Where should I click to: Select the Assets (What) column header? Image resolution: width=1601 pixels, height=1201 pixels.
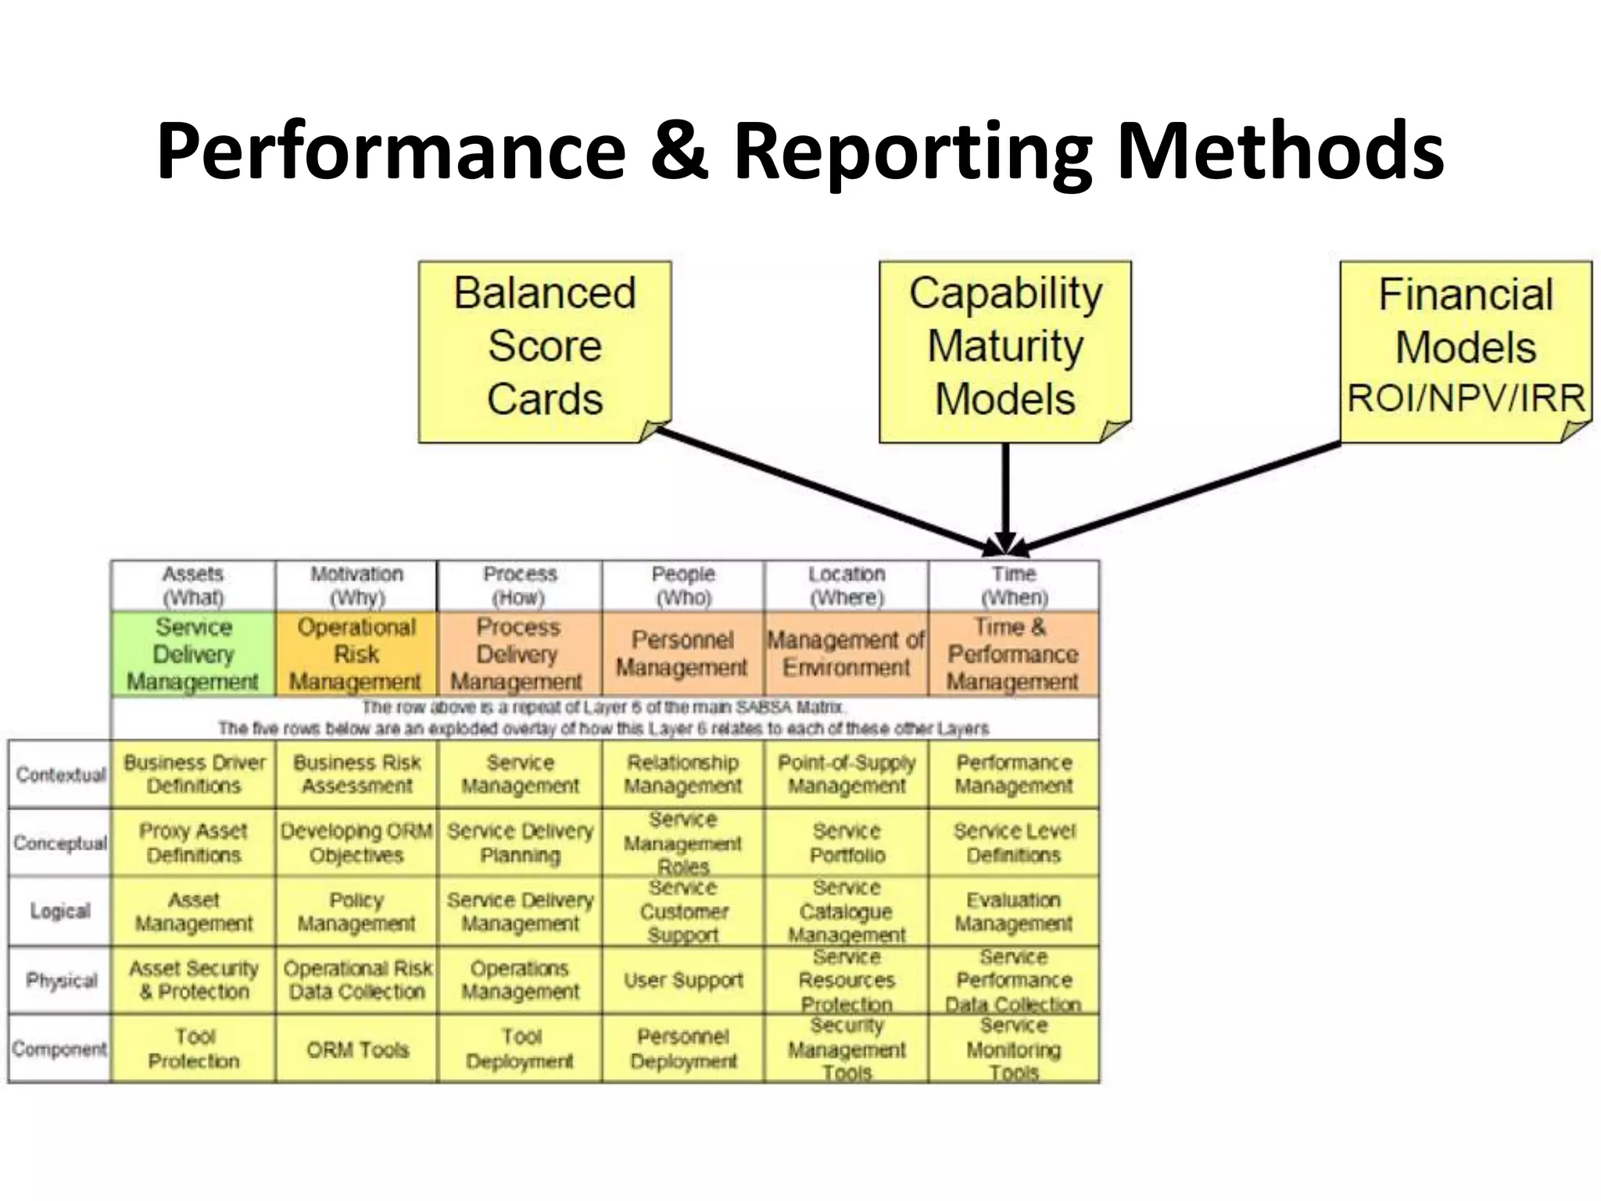click(x=193, y=586)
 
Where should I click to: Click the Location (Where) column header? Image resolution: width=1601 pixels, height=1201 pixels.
click(x=847, y=586)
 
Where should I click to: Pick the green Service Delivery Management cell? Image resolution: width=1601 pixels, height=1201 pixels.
click(x=193, y=654)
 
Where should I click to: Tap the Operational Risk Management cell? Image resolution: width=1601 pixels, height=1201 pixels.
click(x=356, y=654)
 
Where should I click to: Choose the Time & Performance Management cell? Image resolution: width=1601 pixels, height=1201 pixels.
click(x=1013, y=654)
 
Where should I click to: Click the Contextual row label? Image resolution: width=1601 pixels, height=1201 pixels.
click(x=60, y=774)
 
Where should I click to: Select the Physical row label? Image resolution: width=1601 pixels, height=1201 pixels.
click(x=60, y=981)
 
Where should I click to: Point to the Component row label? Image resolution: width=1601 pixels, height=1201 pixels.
click(x=59, y=1049)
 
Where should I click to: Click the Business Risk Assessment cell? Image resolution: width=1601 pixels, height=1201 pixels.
click(x=356, y=774)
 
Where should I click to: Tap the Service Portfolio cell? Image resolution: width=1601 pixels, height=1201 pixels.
click(x=847, y=843)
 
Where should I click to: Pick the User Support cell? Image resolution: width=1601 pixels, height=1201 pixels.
click(x=683, y=981)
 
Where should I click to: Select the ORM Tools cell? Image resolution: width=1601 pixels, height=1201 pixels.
click(x=356, y=1049)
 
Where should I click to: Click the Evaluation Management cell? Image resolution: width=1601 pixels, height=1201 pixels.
click(x=1013, y=912)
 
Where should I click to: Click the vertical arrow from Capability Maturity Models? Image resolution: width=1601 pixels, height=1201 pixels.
click(x=1005, y=493)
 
